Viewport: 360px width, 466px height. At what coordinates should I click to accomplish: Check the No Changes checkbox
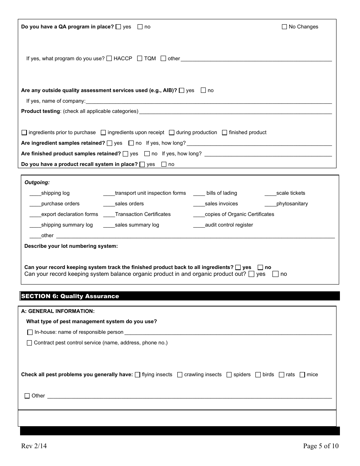pyautogui.click(x=285, y=27)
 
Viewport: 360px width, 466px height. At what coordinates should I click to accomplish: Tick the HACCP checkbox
pyautogui.click(x=109, y=59)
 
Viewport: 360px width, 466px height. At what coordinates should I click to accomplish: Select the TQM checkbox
pyautogui.click(x=140, y=59)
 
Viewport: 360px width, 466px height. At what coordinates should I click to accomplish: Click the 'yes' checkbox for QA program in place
pyautogui.click(x=119, y=27)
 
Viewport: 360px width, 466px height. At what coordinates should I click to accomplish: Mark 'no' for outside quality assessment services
pyautogui.click(x=203, y=91)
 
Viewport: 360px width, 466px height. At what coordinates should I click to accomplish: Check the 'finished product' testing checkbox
pyautogui.click(x=225, y=133)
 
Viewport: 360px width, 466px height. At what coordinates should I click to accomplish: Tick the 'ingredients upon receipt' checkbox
pyautogui.click(x=103, y=133)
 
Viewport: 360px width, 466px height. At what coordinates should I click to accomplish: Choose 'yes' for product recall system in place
pyautogui.click(x=142, y=164)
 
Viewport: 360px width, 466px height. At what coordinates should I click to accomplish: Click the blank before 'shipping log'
pyautogui.click(x=35, y=193)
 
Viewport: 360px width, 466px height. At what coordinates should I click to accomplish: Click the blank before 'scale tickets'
pyautogui.click(x=270, y=193)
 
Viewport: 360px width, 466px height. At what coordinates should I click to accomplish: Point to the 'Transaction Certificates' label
pyautogui.click(x=143, y=214)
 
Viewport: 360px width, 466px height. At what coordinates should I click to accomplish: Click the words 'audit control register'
pyautogui.click(x=229, y=225)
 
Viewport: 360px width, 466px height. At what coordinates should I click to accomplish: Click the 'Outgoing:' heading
pyautogui.click(x=37, y=183)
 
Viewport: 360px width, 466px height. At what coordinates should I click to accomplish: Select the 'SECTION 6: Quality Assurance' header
pyautogui.click(x=70, y=296)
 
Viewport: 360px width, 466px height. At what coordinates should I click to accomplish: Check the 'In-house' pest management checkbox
pyautogui.click(x=30, y=332)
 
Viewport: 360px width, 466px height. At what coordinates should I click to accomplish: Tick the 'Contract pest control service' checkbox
pyautogui.click(x=30, y=343)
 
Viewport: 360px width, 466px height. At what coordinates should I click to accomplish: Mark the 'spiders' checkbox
pyautogui.click(x=229, y=375)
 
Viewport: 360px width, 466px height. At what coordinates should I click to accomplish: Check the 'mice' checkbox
pyautogui.click(x=302, y=375)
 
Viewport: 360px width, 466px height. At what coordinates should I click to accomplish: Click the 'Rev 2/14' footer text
pyautogui.click(x=34, y=446)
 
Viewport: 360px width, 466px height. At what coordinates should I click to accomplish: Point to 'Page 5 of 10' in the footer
pyautogui.click(x=321, y=446)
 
